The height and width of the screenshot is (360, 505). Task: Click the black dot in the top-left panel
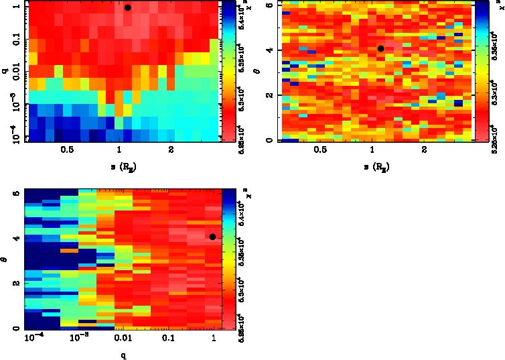[x=128, y=7]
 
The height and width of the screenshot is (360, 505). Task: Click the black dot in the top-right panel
[x=380, y=48]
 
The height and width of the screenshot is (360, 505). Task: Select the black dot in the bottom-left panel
[x=212, y=236]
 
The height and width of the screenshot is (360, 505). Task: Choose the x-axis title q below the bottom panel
[x=123, y=355]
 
